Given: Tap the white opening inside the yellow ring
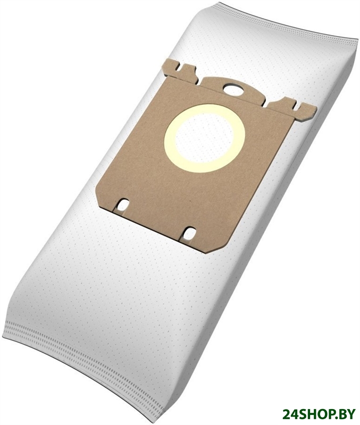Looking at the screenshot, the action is point(205,139).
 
